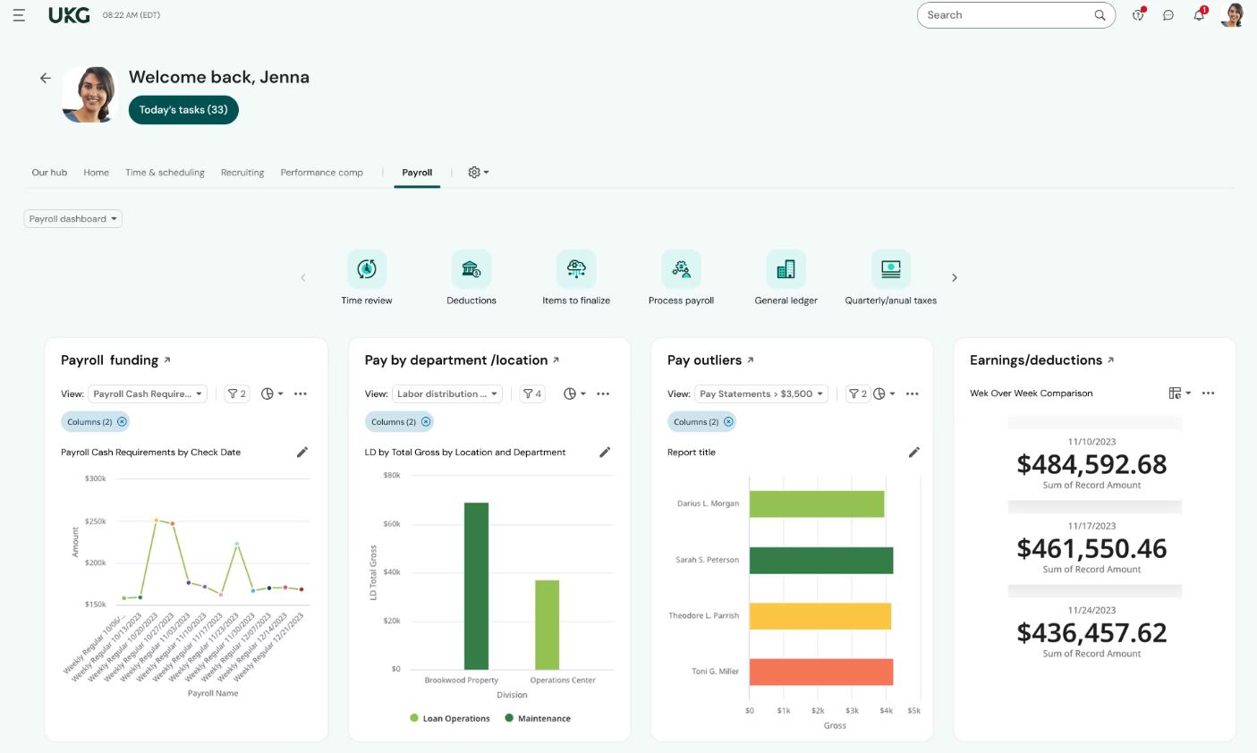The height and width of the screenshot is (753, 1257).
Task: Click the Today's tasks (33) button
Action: tap(183, 110)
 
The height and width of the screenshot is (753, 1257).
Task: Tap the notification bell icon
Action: tap(1199, 15)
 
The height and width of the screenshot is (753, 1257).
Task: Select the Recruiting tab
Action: tap(242, 173)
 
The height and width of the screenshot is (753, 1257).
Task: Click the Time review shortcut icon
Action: tap(367, 269)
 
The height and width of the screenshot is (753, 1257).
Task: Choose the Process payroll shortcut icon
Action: tap(681, 269)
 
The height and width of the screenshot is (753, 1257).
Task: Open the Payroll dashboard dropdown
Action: tap(72, 219)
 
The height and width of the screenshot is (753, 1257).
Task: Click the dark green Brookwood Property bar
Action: tap(476, 586)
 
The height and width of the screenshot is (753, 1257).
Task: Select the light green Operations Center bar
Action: tap(547, 624)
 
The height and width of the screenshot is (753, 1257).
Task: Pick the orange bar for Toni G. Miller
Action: tap(820, 672)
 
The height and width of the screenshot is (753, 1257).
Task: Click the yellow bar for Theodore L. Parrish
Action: tap(820, 616)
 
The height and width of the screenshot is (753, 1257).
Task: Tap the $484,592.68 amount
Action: tap(1091, 464)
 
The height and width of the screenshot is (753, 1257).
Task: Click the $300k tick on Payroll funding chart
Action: tap(95, 478)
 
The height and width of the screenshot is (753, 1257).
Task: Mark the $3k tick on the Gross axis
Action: tap(852, 711)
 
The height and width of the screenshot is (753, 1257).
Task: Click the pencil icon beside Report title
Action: tap(913, 453)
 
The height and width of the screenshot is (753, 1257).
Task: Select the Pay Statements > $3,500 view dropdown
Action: tap(760, 393)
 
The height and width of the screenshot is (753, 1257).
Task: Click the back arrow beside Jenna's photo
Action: tap(46, 79)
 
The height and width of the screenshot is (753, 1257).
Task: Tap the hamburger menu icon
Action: tap(19, 15)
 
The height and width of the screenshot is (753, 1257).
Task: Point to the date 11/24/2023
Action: tap(1091, 611)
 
